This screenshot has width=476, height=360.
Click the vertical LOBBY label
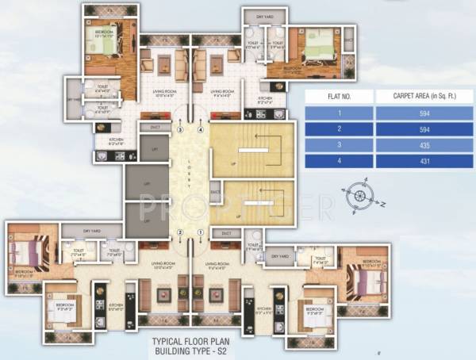tap(190, 179)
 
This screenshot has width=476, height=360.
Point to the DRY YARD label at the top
tap(255, 16)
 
